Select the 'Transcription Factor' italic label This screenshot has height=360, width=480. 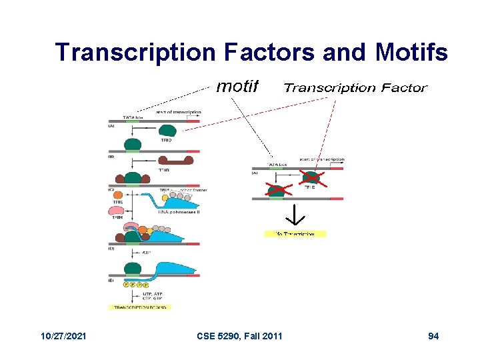(355, 87)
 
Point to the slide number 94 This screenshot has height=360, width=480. (433, 336)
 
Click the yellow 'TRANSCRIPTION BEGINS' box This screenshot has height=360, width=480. (141, 307)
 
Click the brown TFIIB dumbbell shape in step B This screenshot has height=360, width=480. (174, 161)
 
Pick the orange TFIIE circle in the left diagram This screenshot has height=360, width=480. (165, 197)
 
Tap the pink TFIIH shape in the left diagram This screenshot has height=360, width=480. (117, 211)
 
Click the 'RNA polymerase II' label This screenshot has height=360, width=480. (179, 211)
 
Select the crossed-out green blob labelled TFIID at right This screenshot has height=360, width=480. (310, 177)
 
